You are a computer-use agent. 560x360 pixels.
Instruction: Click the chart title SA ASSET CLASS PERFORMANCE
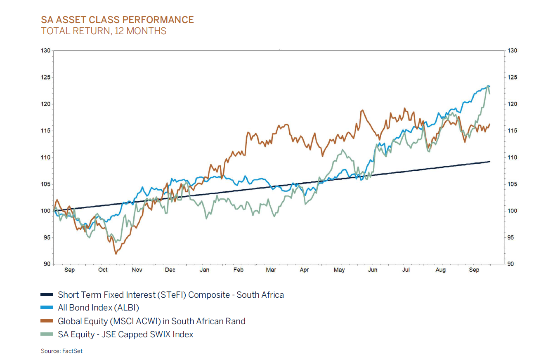117,20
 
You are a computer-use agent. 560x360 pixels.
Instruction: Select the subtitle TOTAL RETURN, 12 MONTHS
104,31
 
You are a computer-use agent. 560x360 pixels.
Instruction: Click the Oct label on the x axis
103,270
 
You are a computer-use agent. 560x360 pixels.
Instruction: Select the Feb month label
239,270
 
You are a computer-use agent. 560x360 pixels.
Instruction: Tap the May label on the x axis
339,270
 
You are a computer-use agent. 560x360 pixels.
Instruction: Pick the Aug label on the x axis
441,270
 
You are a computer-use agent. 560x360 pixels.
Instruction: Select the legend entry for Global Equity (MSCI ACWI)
151,321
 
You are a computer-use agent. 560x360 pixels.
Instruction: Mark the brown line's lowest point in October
116,254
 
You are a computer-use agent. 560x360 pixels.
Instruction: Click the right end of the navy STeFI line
489,161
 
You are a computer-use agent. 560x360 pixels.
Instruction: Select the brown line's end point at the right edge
489,124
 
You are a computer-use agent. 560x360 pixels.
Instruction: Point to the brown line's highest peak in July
404,108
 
